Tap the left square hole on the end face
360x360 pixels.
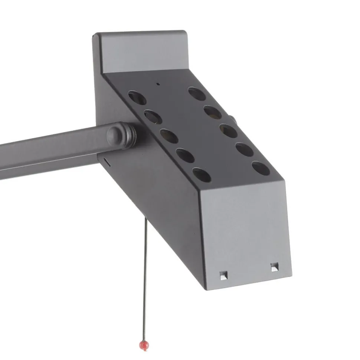coord(223,275)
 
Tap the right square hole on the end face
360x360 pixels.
coord(275,267)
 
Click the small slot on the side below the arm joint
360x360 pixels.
coord(106,162)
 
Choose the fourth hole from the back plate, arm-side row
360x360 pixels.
coord(185,155)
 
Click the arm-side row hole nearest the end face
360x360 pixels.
coord(202,175)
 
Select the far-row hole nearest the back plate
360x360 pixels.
coord(197,94)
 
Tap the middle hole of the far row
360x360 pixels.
coord(229,131)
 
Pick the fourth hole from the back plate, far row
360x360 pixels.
coord(245,149)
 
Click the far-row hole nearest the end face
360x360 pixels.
coord(261,168)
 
